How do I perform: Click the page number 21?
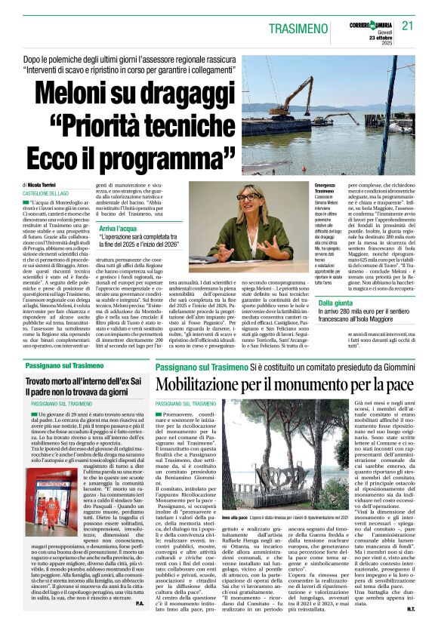[408, 25]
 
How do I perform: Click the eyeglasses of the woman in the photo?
[247, 197]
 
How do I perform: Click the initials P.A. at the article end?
[140, 625]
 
